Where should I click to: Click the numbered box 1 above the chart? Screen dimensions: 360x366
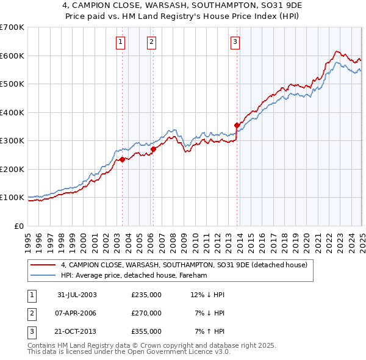[x=121, y=42]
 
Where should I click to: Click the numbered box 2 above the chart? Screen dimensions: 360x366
[x=151, y=42]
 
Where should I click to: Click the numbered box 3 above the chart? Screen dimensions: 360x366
[x=235, y=42]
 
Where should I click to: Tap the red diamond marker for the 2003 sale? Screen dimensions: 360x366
[x=122, y=160]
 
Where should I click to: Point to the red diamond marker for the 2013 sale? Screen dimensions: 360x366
[x=237, y=126]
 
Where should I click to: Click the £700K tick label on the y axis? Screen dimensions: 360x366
[x=12, y=27]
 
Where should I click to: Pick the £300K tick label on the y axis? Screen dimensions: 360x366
[x=12, y=141]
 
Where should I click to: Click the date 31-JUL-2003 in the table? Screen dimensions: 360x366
[x=77, y=294]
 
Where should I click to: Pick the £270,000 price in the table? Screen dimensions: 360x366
[x=146, y=313]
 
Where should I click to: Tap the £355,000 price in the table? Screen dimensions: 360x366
[x=146, y=332]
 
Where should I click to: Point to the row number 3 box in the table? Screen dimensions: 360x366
[x=30, y=332]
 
